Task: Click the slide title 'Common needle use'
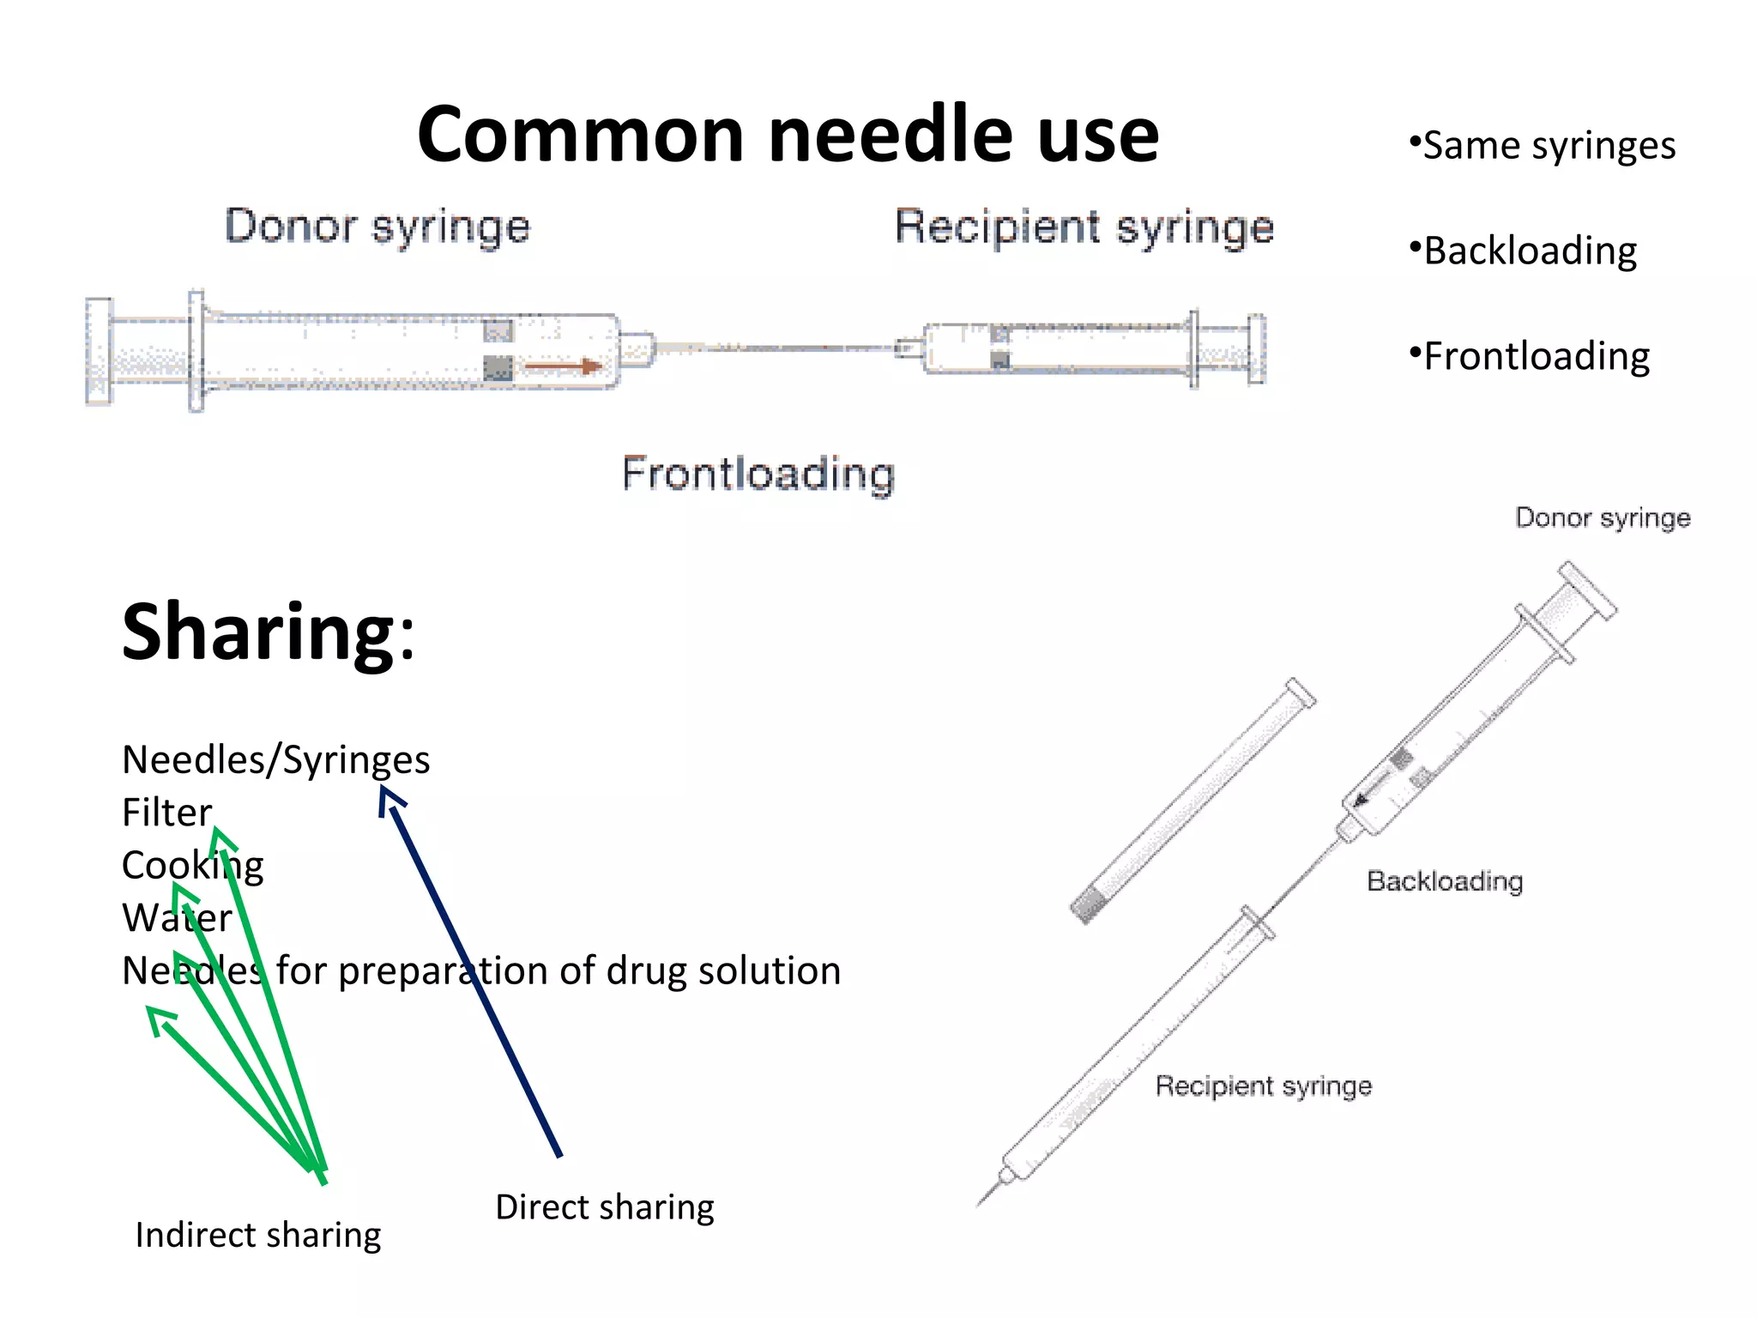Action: point(788,134)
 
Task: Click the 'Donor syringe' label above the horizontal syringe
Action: point(377,227)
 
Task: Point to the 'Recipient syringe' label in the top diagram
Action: point(1084,228)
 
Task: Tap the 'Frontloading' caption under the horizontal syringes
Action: point(758,474)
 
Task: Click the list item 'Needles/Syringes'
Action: point(275,760)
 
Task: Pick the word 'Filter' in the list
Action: point(166,813)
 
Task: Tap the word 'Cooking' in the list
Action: point(192,865)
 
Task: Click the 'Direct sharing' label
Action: point(604,1207)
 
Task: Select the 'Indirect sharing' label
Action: point(257,1236)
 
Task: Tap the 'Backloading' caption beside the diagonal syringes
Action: point(1445,881)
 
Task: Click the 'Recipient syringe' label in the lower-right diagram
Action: point(1263,1086)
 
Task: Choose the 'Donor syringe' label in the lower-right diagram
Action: point(1603,518)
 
